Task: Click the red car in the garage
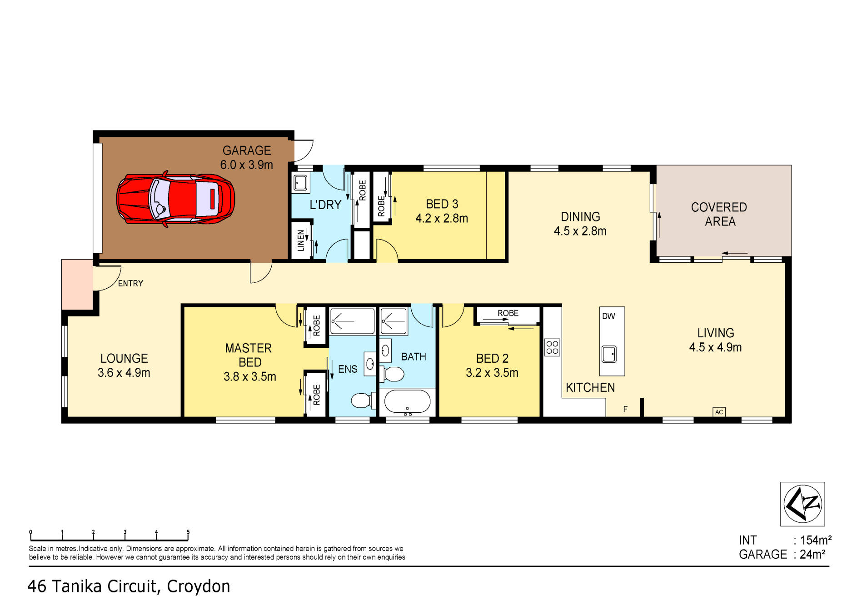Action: (x=175, y=200)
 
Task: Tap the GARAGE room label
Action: (x=247, y=150)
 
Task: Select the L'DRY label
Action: (x=325, y=205)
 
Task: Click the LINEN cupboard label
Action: (x=300, y=240)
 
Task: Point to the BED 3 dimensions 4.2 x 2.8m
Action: (x=442, y=219)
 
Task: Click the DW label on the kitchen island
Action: (x=608, y=316)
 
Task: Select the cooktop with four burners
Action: (x=552, y=348)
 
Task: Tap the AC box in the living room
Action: (x=719, y=412)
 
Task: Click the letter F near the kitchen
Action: (x=625, y=409)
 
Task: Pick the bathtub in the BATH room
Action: (x=407, y=402)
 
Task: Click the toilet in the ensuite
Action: (x=362, y=401)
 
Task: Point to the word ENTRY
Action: (x=130, y=283)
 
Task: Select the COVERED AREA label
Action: (x=719, y=214)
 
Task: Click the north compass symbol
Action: (x=802, y=504)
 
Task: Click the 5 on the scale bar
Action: (x=188, y=532)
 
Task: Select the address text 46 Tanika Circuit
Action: (x=91, y=586)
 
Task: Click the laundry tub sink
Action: (x=300, y=183)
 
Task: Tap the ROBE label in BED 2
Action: (x=508, y=313)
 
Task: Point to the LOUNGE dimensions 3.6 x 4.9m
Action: (x=124, y=373)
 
